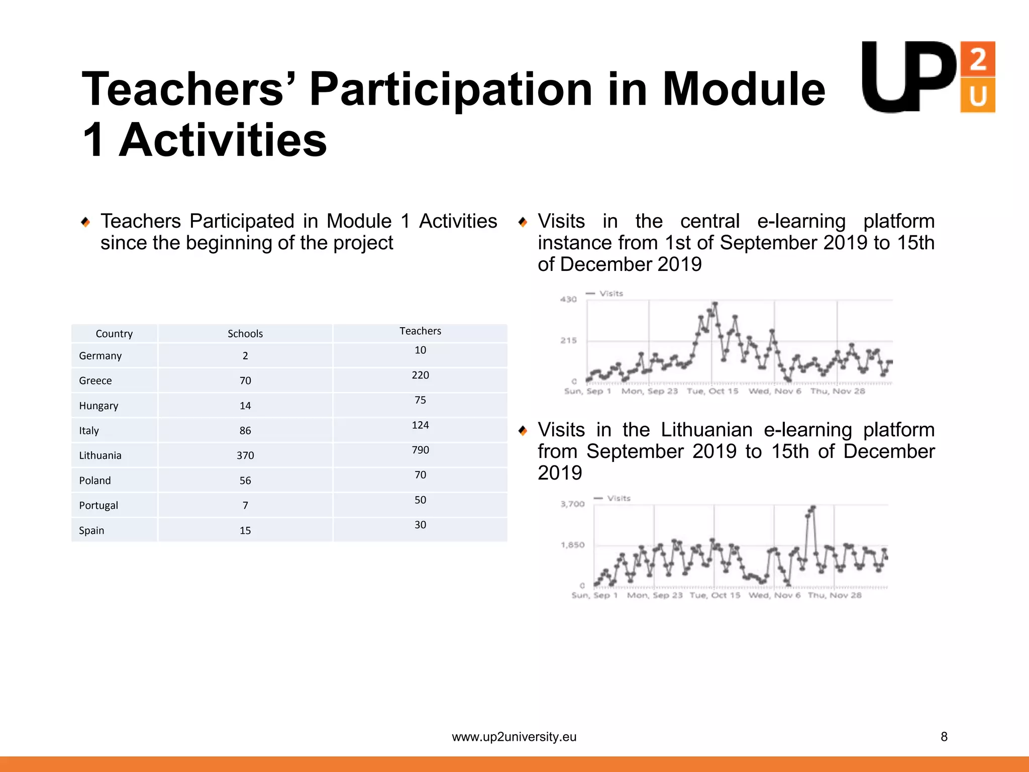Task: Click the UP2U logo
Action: [928, 77]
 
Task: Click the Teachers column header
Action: [420, 331]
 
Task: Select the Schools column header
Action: [245, 334]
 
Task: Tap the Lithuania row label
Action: [100, 455]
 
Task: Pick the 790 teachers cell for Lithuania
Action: [420, 450]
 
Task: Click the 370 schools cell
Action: [245, 455]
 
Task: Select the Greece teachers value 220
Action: [420, 375]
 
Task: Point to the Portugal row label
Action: [98, 505]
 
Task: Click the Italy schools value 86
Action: [245, 430]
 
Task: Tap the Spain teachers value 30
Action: [420, 525]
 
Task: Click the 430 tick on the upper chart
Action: [568, 300]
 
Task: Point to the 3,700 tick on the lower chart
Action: [572, 504]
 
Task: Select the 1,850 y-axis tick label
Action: [572, 545]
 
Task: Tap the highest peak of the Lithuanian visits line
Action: [813, 508]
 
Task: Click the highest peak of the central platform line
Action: [715, 304]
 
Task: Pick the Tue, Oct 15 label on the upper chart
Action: [712, 391]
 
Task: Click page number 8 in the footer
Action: [944, 737]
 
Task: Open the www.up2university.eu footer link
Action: [514, 737]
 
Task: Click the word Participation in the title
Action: [451, 89]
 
